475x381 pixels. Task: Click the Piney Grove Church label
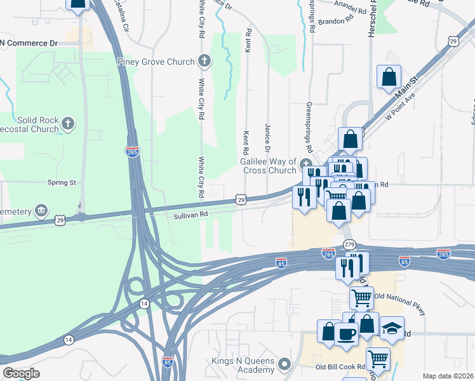click(x=156, y=62)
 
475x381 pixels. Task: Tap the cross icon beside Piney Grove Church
click(x=204, y=62)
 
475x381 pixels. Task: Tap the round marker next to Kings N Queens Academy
click(x=284, y=365)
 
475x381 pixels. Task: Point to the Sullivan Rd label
click(x=191, y=215)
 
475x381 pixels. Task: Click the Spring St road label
click(x=62, y=182)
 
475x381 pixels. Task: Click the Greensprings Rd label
click(x=309, y=126)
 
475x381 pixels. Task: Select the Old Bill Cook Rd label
click(x=340, y=367)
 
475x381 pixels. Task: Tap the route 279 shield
click(x=349, y=244)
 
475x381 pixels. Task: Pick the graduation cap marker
click(x=392, y=328)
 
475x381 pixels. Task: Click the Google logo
click(x=21, y=373)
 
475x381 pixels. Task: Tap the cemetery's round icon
click(x=41, y=210)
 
